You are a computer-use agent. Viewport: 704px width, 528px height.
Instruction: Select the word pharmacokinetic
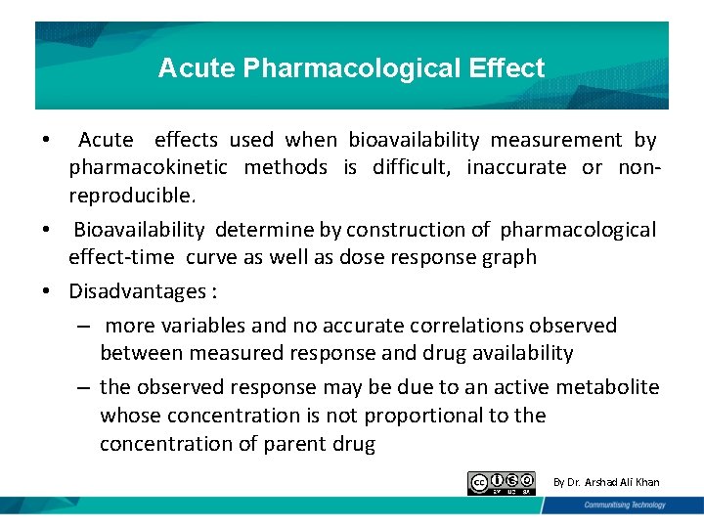[x=149, y=168]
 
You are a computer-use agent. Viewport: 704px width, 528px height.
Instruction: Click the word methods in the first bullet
[x=286, y=168]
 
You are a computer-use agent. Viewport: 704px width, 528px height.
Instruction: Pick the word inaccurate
[x=516, y=168]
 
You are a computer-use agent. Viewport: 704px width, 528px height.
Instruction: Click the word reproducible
[x=132, y=196]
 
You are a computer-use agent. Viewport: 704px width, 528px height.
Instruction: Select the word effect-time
[x=121, y=257]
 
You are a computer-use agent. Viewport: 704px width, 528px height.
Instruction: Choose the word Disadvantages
[x=137, y=290]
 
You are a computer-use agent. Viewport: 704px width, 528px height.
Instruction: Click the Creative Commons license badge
[x=502, y=483]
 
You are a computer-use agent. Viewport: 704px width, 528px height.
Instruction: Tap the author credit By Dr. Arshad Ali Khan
[x=606, y=482]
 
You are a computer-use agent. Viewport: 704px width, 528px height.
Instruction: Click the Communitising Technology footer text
[x=625, y=506]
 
